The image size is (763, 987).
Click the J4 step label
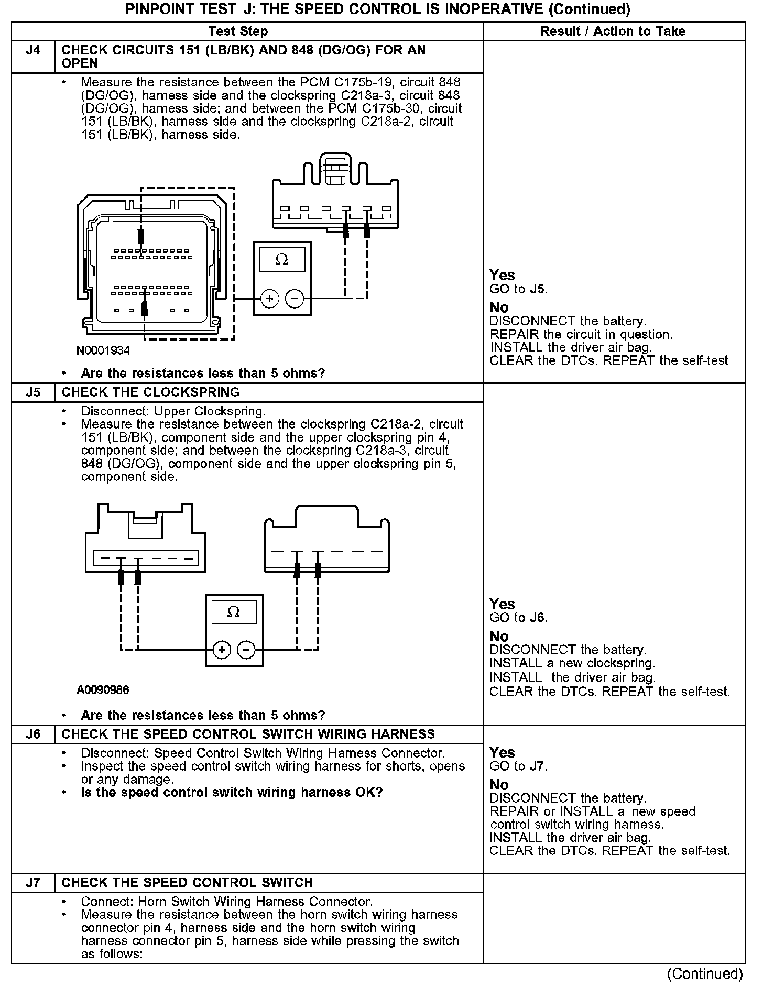(x=33, y=51)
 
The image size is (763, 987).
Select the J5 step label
(x=33, y=392)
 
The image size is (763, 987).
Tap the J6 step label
(x=33, y=734)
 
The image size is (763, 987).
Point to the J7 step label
(x=33, y=883)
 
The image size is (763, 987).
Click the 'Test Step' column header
(x=238, y=31)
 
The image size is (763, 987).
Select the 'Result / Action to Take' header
(x=613, y=31)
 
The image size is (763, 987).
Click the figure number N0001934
(x=103, y=350)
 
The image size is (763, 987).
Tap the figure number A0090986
(x=103, y=690)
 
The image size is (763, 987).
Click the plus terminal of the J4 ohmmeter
(x=270, y=299)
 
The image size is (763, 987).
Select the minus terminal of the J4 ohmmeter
(x=295, y=299)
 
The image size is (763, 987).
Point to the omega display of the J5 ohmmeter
(x=234, y=612)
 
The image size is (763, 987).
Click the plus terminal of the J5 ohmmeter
(x=222, y=650)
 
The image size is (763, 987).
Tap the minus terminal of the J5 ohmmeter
(x=246, y=650)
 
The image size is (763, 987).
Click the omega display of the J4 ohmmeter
(x=282, y=260)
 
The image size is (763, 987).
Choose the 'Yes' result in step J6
(x=502, y=753)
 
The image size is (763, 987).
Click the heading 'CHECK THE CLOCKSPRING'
(x=150, y=392)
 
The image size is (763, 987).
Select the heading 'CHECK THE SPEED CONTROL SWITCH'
(x=187, y=883)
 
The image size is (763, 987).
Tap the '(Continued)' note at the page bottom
(x=705, y=973)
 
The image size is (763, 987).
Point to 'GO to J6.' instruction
(x=518, y=618)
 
